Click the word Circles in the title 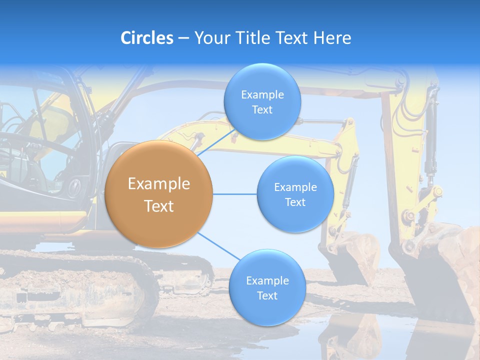click(x=147, y=38)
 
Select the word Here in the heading click(x=332, y=38)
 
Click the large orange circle click(x=159, y=194)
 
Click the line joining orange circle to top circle click(x=216, y=142)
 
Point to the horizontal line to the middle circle click(x=234, y=194)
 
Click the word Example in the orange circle click(x=159, y=184)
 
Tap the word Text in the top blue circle click(x=262, y=110)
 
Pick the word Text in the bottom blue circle click(x=267, y=295)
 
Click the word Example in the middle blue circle click(x=295, y=187)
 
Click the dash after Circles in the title click(x=183, y=38)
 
